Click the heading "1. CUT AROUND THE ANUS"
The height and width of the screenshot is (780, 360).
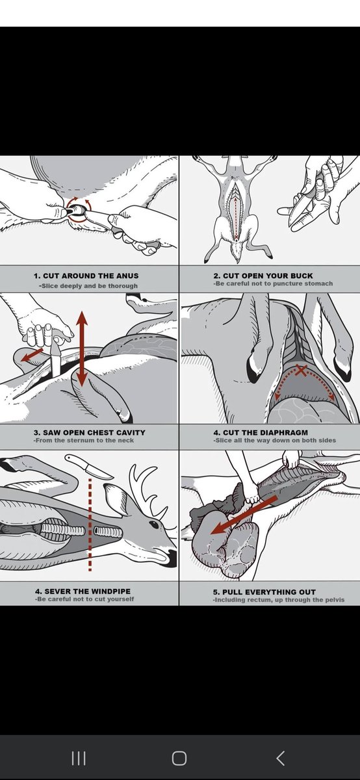click(86, 276)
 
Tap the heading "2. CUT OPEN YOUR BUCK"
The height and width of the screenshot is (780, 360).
click(263, 276)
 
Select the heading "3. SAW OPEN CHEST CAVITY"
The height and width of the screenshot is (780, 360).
click(90, 432)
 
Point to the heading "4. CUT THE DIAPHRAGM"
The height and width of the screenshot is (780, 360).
click(261, 432)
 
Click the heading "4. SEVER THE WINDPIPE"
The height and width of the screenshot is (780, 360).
click(83, 591)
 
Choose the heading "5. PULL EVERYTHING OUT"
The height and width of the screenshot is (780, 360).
click(264, 592)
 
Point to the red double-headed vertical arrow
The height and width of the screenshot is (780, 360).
click(82, 348)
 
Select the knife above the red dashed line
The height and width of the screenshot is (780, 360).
click(89, 465)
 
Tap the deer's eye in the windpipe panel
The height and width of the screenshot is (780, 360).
click(153, 523)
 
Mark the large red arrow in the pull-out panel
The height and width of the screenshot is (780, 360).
click(244, 516)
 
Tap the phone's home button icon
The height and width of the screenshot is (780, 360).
click(179, 758)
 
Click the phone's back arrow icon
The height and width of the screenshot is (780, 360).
click(281, 758)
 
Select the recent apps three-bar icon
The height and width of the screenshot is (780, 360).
click(79, 758)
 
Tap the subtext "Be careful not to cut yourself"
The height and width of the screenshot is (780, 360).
click(84, 599)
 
